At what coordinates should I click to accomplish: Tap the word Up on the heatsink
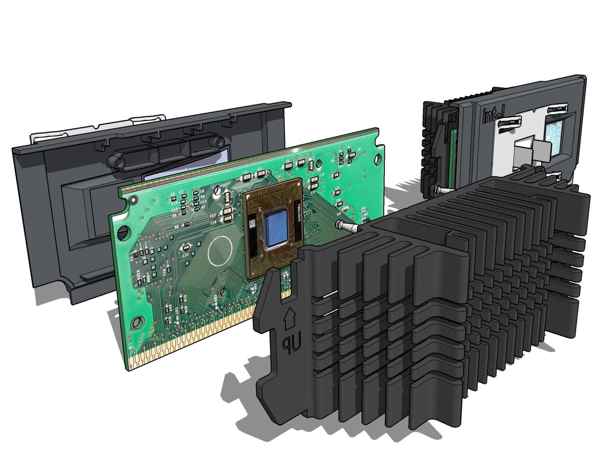tap(288, 345)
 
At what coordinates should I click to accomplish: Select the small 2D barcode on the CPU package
tap(253, 223)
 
